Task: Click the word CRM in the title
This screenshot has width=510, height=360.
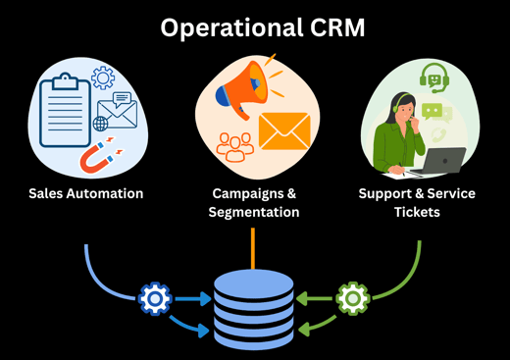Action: [x=333, y=27]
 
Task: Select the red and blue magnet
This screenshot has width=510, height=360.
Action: [x=98, y=156]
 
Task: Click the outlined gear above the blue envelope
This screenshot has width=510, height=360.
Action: [x=103, y=78]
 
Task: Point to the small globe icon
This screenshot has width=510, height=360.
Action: [x=100, y=125]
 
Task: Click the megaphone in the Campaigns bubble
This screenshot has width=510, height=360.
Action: [x=237, y=86]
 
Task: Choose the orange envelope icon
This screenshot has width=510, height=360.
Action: [x=285, y=130]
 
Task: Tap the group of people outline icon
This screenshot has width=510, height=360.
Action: [x=235, y=146]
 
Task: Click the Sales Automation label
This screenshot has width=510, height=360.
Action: [x=85, y=193]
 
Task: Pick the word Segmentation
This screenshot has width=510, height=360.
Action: [x=255, y=212]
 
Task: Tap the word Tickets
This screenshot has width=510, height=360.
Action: [x=418, y=212]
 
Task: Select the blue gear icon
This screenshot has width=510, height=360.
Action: [x=155, y=298]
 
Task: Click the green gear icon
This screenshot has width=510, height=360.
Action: [x=352, y=298]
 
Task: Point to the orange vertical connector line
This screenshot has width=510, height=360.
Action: [x=255, y=247]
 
